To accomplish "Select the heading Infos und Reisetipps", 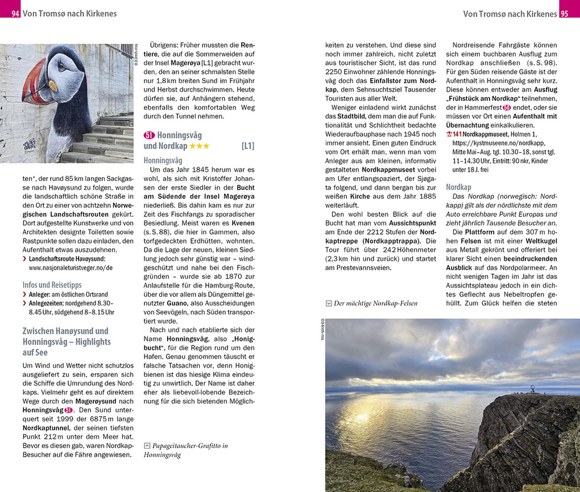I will click(52, 285).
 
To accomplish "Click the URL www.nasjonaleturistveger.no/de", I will click(71, 268).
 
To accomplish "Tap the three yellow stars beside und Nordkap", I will click(199, 146).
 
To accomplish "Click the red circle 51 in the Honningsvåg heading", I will click(149, 136).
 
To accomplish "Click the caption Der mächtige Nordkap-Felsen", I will click(375, 303).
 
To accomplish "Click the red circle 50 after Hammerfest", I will click(507, 107).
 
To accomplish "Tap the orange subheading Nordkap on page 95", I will click(458, 187).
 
